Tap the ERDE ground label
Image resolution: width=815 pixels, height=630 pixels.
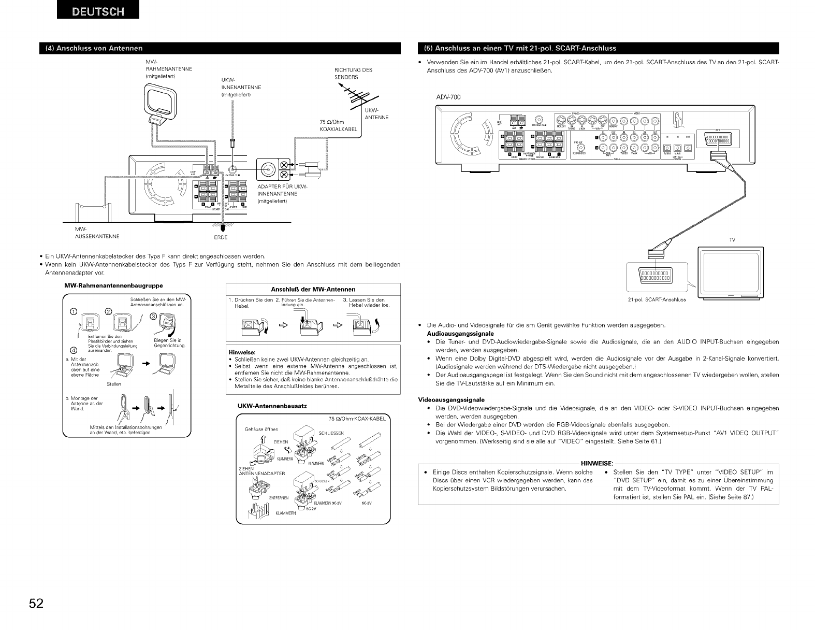click(x=221, y=238)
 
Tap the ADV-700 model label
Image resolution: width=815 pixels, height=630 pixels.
click(x=448, y=97)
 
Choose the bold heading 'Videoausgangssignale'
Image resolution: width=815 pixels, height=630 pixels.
click(x=451, y=399)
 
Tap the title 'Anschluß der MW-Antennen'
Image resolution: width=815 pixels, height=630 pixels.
click(x=313, y=289)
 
